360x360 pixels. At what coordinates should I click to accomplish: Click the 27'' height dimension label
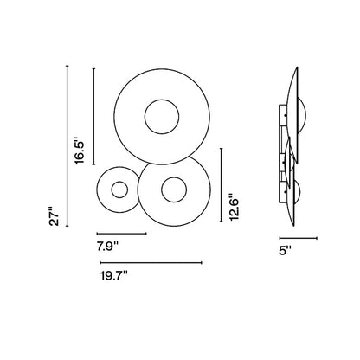click(x=54, y=216)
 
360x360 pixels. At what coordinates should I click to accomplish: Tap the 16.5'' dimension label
click(x=80, y=149)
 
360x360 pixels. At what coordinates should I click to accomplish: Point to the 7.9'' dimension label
click(x=107, y=247)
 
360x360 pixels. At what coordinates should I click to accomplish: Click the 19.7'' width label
click(x=114, y=276)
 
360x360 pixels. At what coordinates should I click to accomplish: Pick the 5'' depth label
click(x=286, y=250)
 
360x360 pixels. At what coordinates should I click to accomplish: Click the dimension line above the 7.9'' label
click(x=122, y=234)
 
